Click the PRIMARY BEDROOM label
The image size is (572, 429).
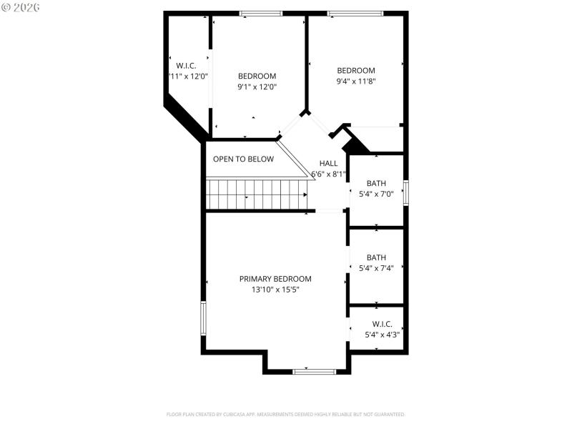click(x=275, y=279)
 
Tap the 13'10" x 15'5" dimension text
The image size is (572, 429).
click(x=275, y=290)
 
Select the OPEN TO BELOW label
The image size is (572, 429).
click(x=243, y=159)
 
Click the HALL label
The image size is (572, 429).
click(x=328, y=163)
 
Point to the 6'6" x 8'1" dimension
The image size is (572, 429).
click(x=328, y=174)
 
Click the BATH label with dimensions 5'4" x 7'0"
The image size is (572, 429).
click(x=376, y=182)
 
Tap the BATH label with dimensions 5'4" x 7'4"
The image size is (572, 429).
click(x=376, y=257)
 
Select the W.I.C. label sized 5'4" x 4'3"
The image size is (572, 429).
click(x=382, y=324)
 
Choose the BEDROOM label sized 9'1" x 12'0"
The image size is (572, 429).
click(x=257, y=76)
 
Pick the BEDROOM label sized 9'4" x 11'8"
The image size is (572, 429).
click(x=356, y=70)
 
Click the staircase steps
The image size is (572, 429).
click(x=256, y=194)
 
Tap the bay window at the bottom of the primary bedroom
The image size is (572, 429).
click(x=315, y=371)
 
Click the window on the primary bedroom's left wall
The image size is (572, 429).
click(x=203, y=319)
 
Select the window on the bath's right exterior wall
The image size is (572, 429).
click(x=406, y=193)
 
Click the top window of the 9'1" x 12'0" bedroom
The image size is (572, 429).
click(x=260, y=13)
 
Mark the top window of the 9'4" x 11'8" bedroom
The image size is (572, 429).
click(x=355, y=13)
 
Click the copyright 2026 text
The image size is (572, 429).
click(x=21, y=6)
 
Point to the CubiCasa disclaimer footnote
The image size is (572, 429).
click(x=286, y=414)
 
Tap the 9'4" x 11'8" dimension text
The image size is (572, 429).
click(x=356, y=82)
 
